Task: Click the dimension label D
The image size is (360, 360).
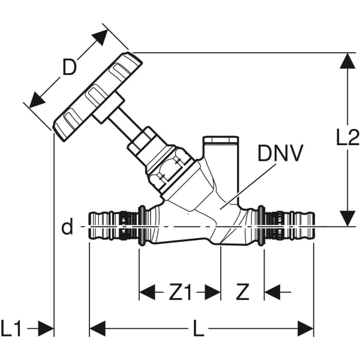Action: [x=70, y=68]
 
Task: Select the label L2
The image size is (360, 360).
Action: [x=347, y=138]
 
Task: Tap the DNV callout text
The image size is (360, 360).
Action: [x=280, y=154]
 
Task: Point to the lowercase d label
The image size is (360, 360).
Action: [x=67, y=227]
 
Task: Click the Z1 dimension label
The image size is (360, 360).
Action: [x=179, y=292]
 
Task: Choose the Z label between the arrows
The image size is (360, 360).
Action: [x=242, y=292]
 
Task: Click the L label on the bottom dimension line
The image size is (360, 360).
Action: [x=197, y=328]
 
